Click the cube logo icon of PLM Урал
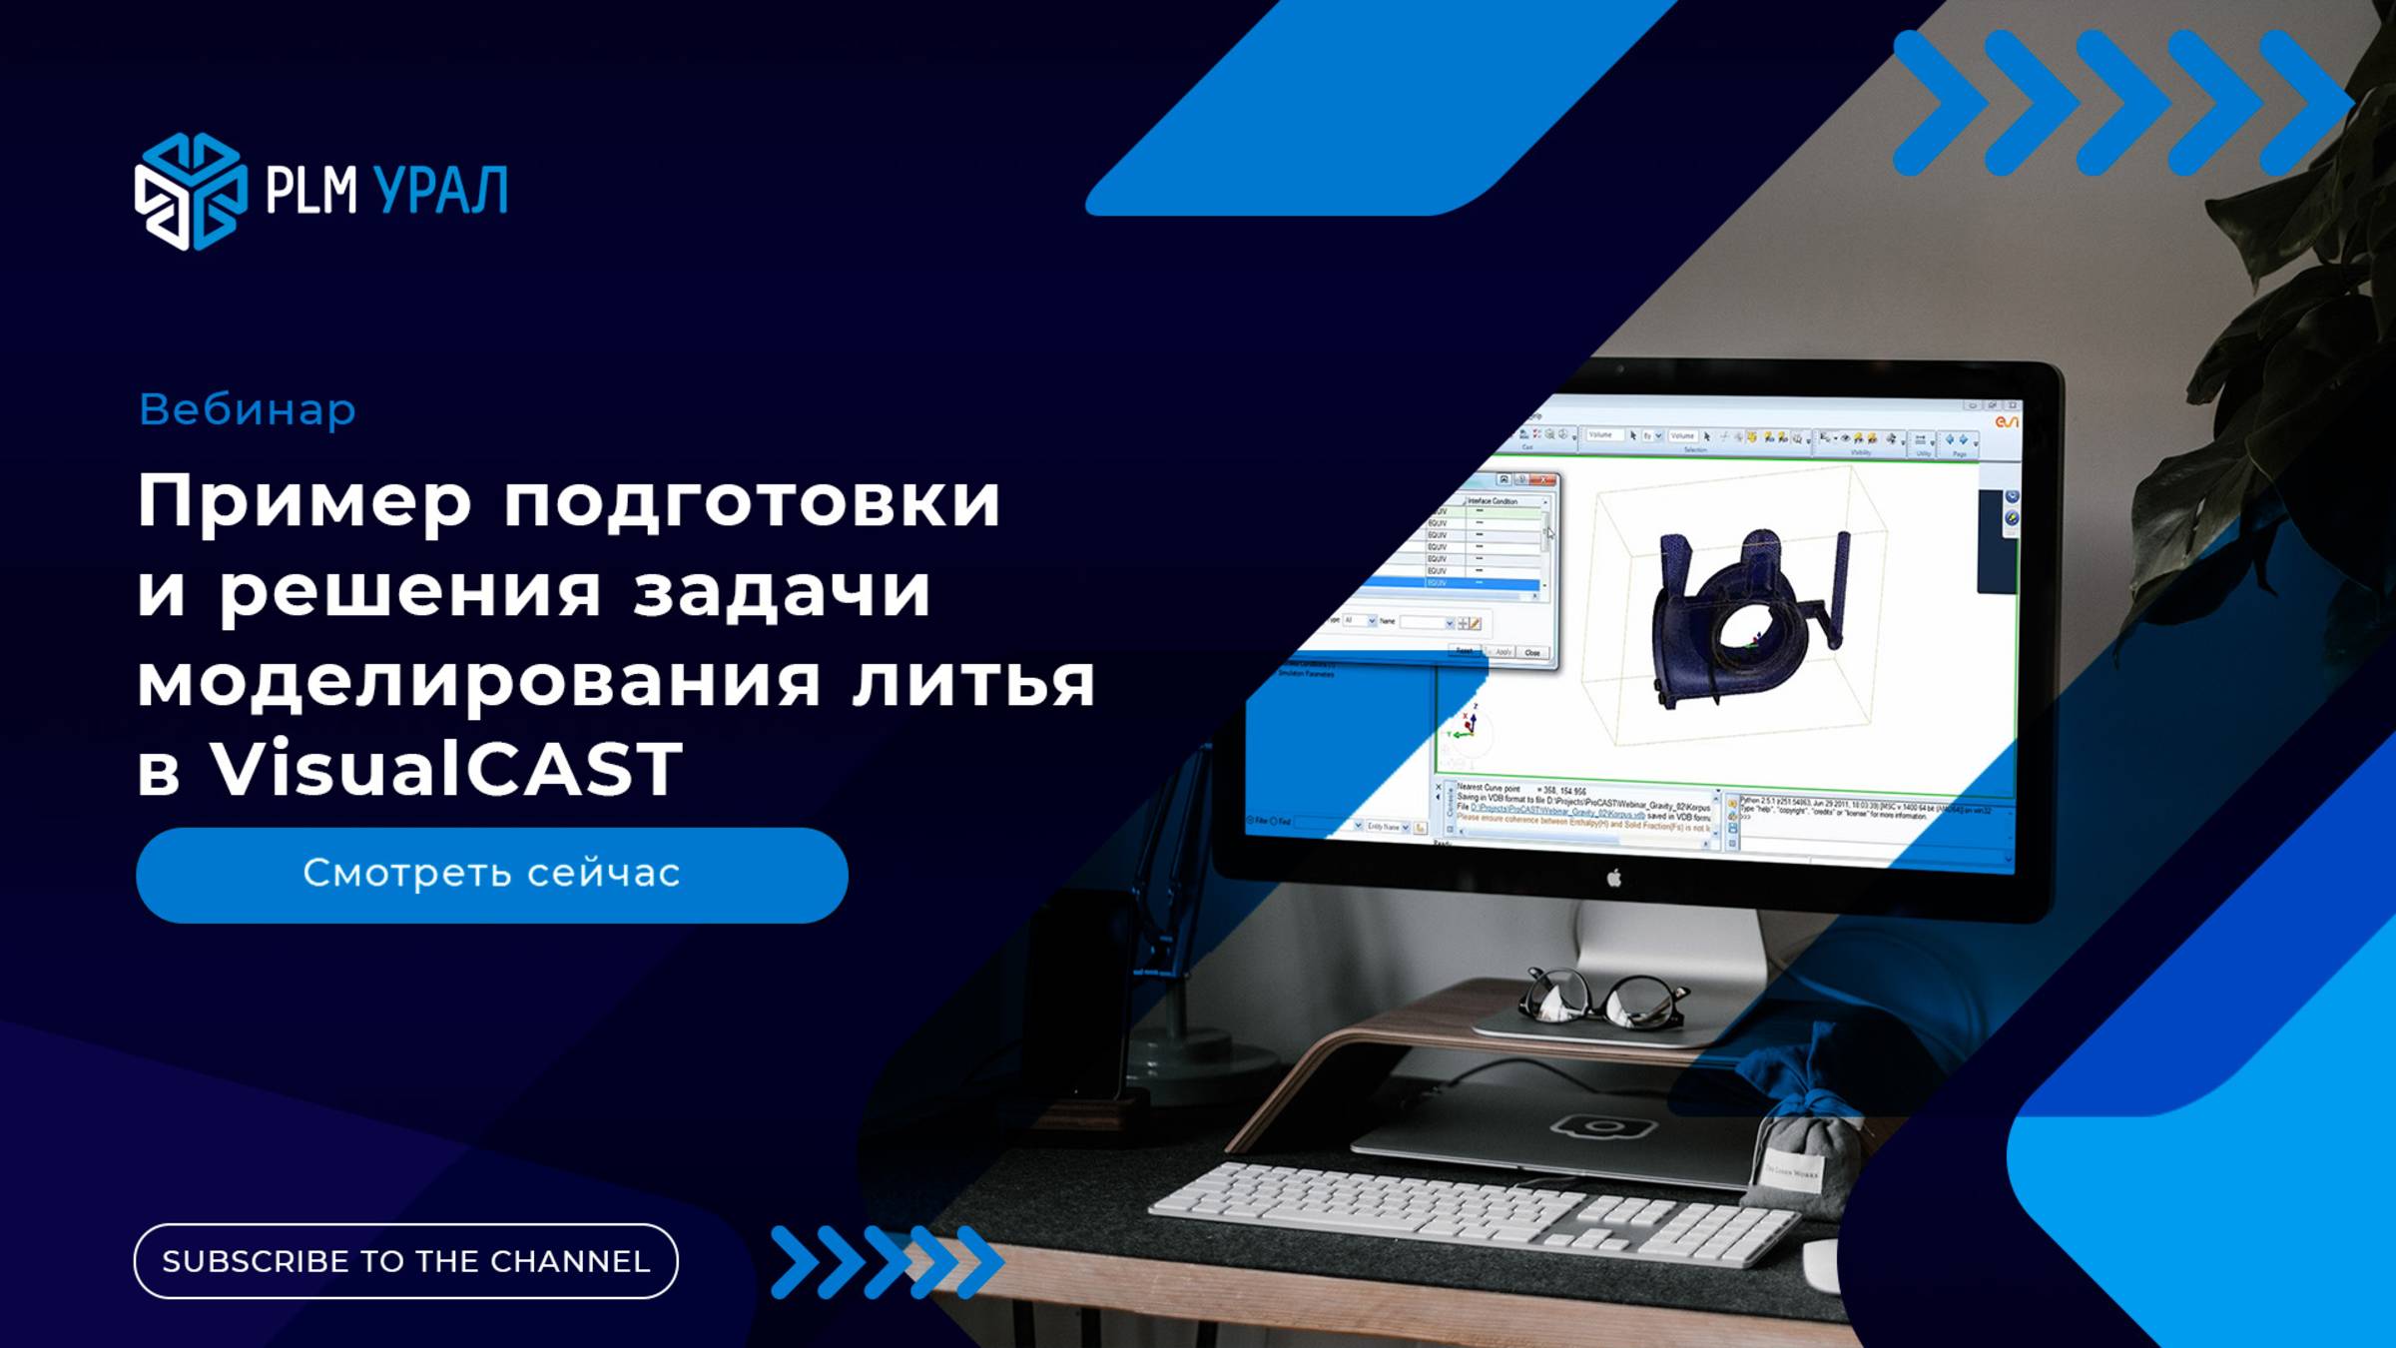tap(190, 191)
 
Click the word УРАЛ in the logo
tap(440, 191)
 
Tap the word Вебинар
tap(247, 409)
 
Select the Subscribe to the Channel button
tap(405, 1261)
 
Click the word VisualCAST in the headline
tap(445, 769)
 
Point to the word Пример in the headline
tap(303, 502)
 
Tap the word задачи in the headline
tap(782, 591)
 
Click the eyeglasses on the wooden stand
tap(1602, 999)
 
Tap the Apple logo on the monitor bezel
tap(1613, 878)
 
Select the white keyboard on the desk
tap(1473, 1213)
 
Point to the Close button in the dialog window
tap(1531, 653)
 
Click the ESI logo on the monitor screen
tap(2006, 422)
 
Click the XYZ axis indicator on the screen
tap(1466, 725)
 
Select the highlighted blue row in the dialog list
tap(1488, 583)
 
